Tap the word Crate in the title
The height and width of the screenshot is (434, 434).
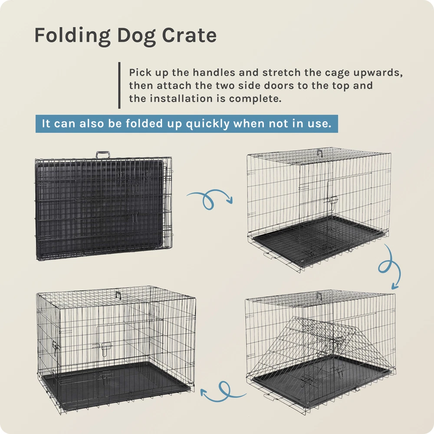(189, 35)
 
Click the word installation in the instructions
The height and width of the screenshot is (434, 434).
(183, 99)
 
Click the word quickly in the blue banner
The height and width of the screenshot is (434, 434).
(207, 124)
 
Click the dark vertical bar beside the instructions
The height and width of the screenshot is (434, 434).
(119, 85)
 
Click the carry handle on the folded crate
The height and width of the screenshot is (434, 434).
(103, 155)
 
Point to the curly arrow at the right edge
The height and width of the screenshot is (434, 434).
(390, 267)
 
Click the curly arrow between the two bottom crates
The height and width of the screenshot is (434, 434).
(224, 391)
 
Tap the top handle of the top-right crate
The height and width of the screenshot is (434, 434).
(320, 152)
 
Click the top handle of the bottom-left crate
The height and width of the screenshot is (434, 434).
(118, 295)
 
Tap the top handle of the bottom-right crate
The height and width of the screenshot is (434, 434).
(319, 296)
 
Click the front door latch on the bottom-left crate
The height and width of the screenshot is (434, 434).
(103, 348)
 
